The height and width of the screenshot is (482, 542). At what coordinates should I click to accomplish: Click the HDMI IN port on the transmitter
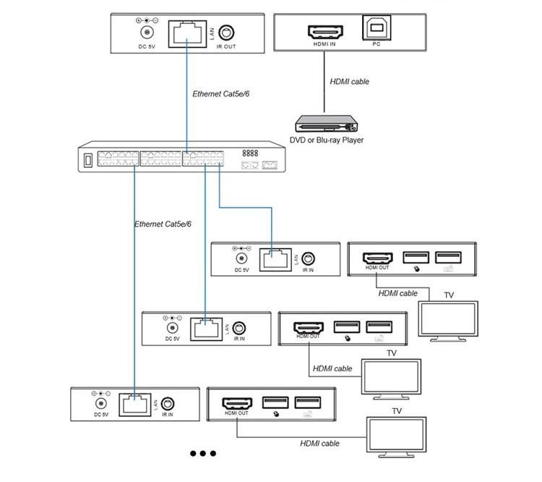point(325,32)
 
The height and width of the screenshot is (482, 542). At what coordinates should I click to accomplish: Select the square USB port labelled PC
point(377,28)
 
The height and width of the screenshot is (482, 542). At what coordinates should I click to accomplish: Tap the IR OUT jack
point(226,33)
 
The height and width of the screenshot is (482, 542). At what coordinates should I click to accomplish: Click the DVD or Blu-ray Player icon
point(327,124)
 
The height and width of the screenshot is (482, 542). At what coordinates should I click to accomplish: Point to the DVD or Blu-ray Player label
point(327,140)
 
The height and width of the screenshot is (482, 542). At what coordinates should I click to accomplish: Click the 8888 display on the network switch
point(250,153)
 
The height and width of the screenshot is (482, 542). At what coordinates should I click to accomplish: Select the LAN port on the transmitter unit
point(187,34)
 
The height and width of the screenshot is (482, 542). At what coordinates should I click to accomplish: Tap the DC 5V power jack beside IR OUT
point(147,33)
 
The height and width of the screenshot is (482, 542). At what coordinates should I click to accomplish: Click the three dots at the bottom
point(203,453)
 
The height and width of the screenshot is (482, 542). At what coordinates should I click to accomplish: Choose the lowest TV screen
point(396,437)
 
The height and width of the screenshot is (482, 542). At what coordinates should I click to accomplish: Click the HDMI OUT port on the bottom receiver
point(237,403)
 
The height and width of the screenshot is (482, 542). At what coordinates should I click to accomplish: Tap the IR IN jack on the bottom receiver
point(168,403)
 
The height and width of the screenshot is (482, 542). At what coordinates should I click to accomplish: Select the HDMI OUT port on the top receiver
point(377,258)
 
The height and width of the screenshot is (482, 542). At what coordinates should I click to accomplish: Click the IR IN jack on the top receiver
point(308,258)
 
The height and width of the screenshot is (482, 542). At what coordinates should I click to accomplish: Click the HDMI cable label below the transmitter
point(350,82)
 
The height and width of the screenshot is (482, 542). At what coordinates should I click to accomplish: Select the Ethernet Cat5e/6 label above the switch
point(221,94)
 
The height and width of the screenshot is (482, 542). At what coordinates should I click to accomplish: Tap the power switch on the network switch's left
point(88,161)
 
